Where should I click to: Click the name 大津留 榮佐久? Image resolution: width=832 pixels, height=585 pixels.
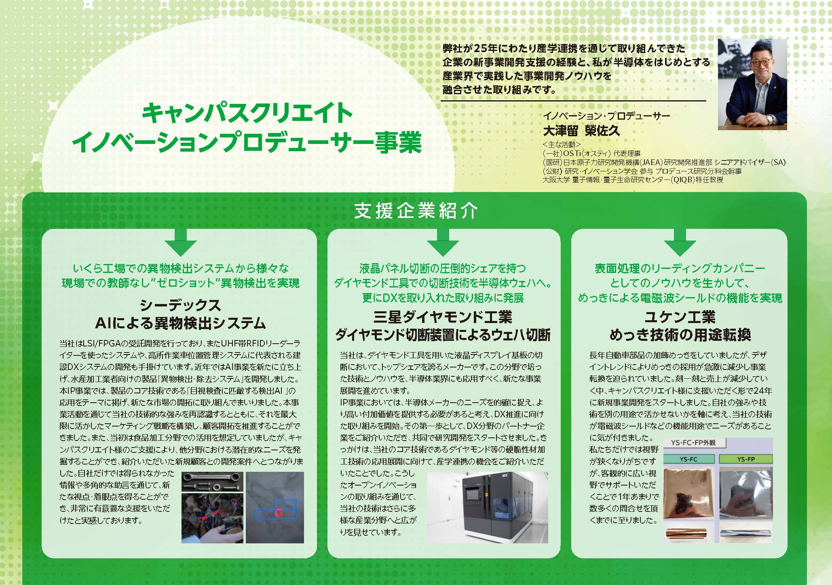581,131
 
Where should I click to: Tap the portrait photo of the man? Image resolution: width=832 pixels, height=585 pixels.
752,84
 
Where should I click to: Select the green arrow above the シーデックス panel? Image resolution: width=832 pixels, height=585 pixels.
180,243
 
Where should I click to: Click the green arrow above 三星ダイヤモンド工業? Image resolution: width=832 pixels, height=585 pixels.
443,243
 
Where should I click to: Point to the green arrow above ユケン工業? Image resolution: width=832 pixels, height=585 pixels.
680,243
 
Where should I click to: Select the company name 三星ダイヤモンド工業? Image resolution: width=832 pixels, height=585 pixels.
443,317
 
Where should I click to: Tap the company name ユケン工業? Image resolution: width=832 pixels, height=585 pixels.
680,317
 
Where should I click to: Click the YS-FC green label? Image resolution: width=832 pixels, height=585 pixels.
689,459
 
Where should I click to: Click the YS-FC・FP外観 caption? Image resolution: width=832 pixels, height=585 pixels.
693,443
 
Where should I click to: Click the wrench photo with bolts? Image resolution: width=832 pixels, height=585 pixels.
212,482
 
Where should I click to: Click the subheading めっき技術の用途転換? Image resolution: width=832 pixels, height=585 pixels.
680,335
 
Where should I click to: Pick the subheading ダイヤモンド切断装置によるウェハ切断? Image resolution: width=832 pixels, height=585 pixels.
443,335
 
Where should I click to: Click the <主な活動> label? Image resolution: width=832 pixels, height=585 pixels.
562,144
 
